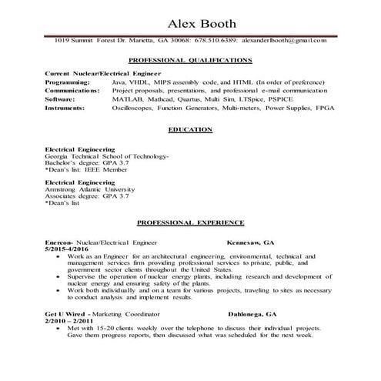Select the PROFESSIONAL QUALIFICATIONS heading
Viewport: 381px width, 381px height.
189,58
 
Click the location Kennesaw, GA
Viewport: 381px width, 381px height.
250,242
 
